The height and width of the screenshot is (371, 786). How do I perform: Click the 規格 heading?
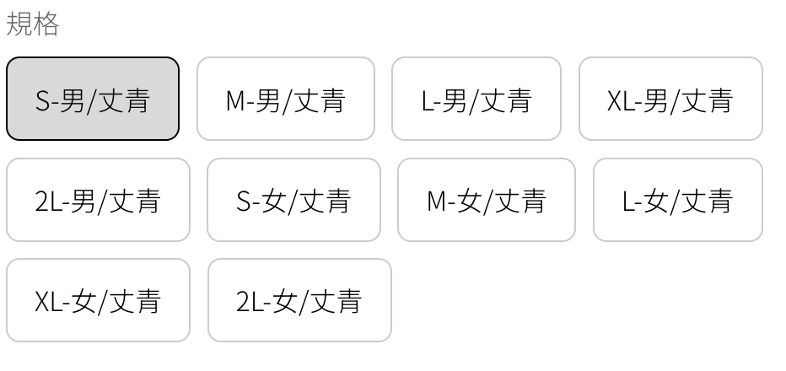click(x=33, y=24)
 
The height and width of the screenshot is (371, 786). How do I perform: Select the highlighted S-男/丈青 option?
click(x=93, y=99)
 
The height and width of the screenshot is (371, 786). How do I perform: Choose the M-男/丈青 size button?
click(x=286, y=99)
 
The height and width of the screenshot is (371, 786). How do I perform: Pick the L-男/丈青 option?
click(x=476, y=99)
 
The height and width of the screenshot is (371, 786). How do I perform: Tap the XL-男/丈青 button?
click(x=670, y=99)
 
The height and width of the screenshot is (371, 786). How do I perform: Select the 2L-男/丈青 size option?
click(x=98, y=200)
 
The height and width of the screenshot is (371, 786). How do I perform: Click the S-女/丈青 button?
click(x=293, y=200)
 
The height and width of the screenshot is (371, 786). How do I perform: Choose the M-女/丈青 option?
click(x=487, y=200)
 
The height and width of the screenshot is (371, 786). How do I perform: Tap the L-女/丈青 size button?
click(x=678, y=200)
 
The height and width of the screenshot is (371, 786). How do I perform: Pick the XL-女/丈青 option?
click(x=98, y=300)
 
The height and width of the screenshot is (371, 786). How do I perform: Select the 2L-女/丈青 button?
click(x=299, y=300)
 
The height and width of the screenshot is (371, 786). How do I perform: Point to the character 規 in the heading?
click(x=19, y=24)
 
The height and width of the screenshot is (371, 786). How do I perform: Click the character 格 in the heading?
click(x=46, y=24)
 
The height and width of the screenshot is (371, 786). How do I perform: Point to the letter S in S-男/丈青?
click(x=43, y=101)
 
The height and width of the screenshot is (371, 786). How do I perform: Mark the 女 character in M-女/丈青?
click(x=469, y=201)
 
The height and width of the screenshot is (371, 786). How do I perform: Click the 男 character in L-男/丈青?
click(x=455, y=100)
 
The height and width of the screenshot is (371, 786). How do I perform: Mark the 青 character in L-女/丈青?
click(x=720, y=201)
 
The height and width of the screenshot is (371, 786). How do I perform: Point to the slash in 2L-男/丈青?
click(x=102, y=201)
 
